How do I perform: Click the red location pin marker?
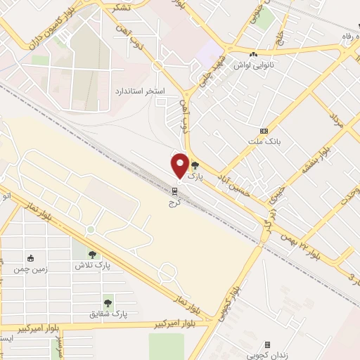(180, 165)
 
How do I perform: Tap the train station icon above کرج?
(174, 191)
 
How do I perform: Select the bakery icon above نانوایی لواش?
(252, 55)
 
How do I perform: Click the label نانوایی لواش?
(255, 65)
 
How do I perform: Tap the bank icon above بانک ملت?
(264, 131)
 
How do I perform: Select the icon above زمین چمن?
(30, 258)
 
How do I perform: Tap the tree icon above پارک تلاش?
(92, 255)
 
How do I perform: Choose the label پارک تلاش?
(94, 266)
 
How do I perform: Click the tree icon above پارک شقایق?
(108, 303)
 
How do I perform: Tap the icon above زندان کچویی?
(267, 345)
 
